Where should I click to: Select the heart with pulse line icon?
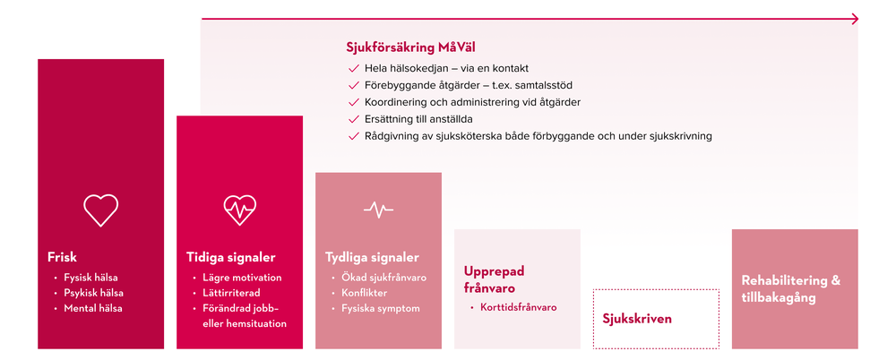tap(240, 210)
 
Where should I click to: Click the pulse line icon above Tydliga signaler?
tap(378, 210)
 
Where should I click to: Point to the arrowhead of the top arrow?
tap(855, 19)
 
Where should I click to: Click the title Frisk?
tap(63, 257)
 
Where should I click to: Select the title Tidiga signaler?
tap(231, 258)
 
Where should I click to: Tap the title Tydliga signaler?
tap(372, 258)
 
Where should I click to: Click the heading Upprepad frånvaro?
tap(494, 279)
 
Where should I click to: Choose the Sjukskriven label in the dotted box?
tap(637, 319)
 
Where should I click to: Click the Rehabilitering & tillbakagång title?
tap(791, 289)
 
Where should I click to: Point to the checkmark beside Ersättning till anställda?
tap(353, 120)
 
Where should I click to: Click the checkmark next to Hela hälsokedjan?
tap(353, 69)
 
